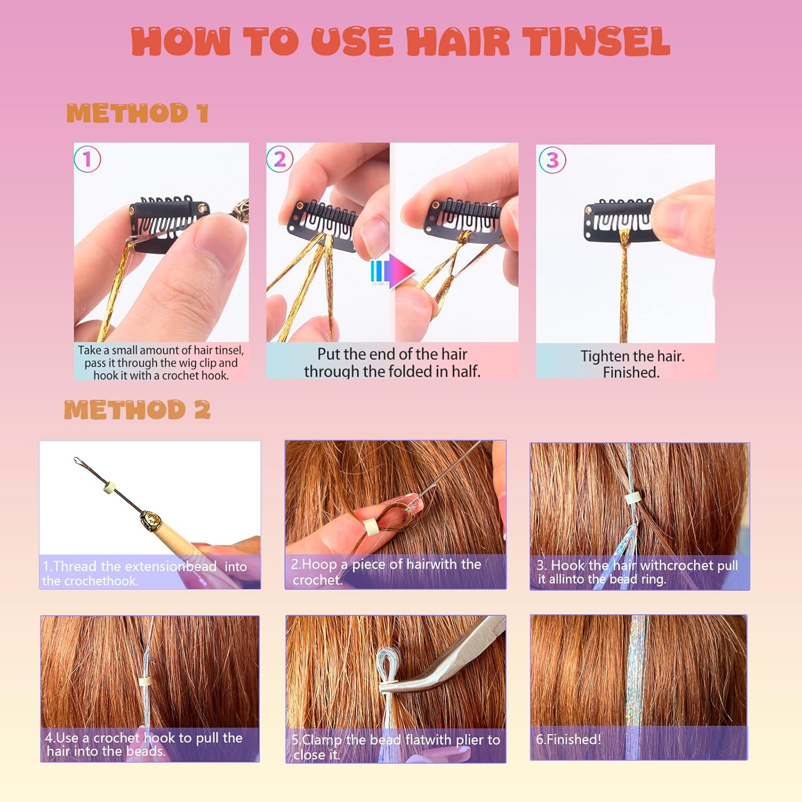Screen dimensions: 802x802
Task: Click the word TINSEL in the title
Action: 596,42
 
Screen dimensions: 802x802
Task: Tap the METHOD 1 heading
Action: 137,113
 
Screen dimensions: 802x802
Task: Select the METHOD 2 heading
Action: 137,410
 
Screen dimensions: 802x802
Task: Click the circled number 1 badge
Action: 88,159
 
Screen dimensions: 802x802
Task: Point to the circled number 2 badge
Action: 280,159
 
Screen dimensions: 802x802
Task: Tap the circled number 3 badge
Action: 552,160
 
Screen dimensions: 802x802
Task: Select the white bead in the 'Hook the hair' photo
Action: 633,498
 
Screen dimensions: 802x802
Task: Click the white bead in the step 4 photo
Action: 143,683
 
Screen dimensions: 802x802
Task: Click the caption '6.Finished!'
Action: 568,739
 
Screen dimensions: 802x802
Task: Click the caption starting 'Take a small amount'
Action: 161,363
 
